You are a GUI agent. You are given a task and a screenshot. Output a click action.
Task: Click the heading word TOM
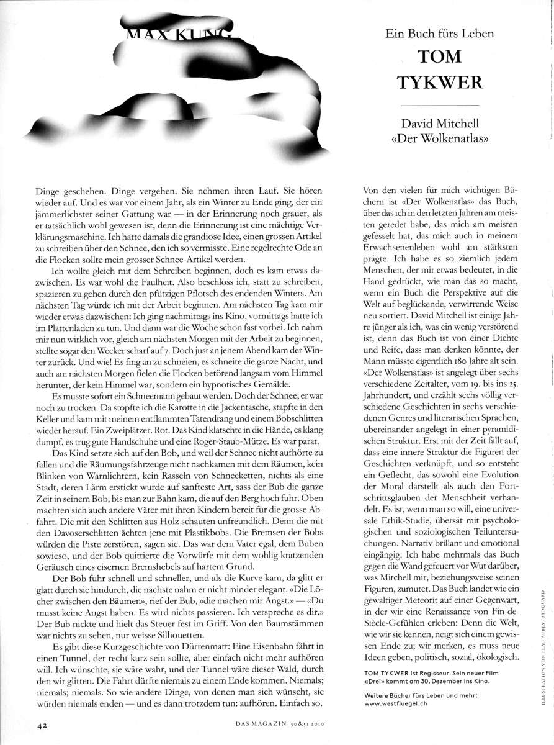(x=440, y=56)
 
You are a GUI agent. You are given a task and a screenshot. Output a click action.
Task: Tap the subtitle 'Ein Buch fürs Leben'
(x=440, y=34)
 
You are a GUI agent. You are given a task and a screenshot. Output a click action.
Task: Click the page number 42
(x=42, y=724)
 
